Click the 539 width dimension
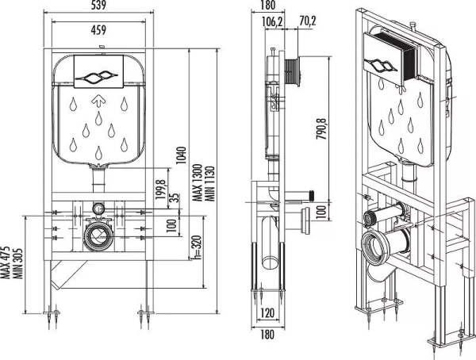[98, 7]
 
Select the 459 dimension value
[98, 30]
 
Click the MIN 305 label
[15, 262]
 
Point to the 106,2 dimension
[272, 22]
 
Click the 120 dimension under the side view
[267, 312]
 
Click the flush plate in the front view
[98, 76]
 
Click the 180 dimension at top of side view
[267, 7]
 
